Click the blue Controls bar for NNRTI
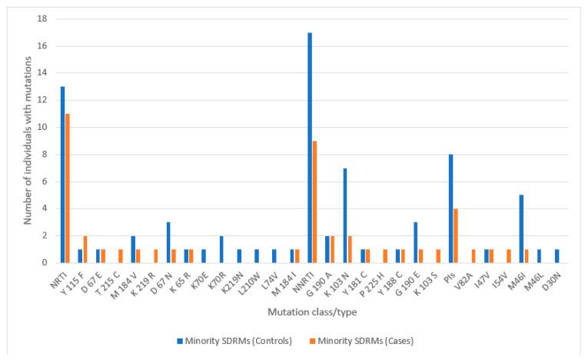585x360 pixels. [x=310, y=148]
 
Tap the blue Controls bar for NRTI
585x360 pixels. [x=62, y=175]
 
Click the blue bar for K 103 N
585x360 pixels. [x=346, y=215]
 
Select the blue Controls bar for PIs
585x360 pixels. [x=450, y=208]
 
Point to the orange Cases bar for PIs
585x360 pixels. [x=457, y=235]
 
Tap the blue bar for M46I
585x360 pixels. [x=522, y=228]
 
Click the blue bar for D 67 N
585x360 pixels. [x=168, y=242]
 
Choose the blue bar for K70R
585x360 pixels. [x=221, y=249]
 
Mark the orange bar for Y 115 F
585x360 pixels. [x=86, y=249]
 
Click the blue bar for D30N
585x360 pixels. [x=557, y=256]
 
